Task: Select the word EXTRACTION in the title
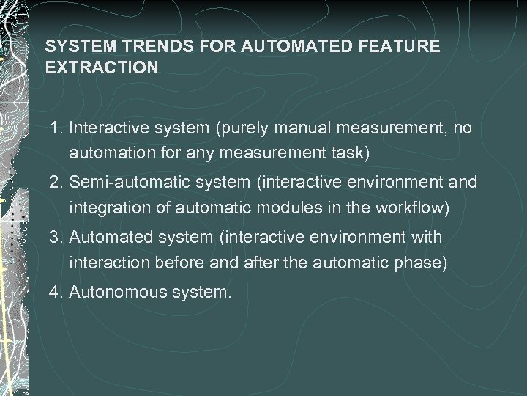click(x=101, y=67)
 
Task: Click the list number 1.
click(x=56, y=129)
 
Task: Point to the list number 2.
click(x=56, y=181)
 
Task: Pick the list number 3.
click(x=56, y=238)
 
